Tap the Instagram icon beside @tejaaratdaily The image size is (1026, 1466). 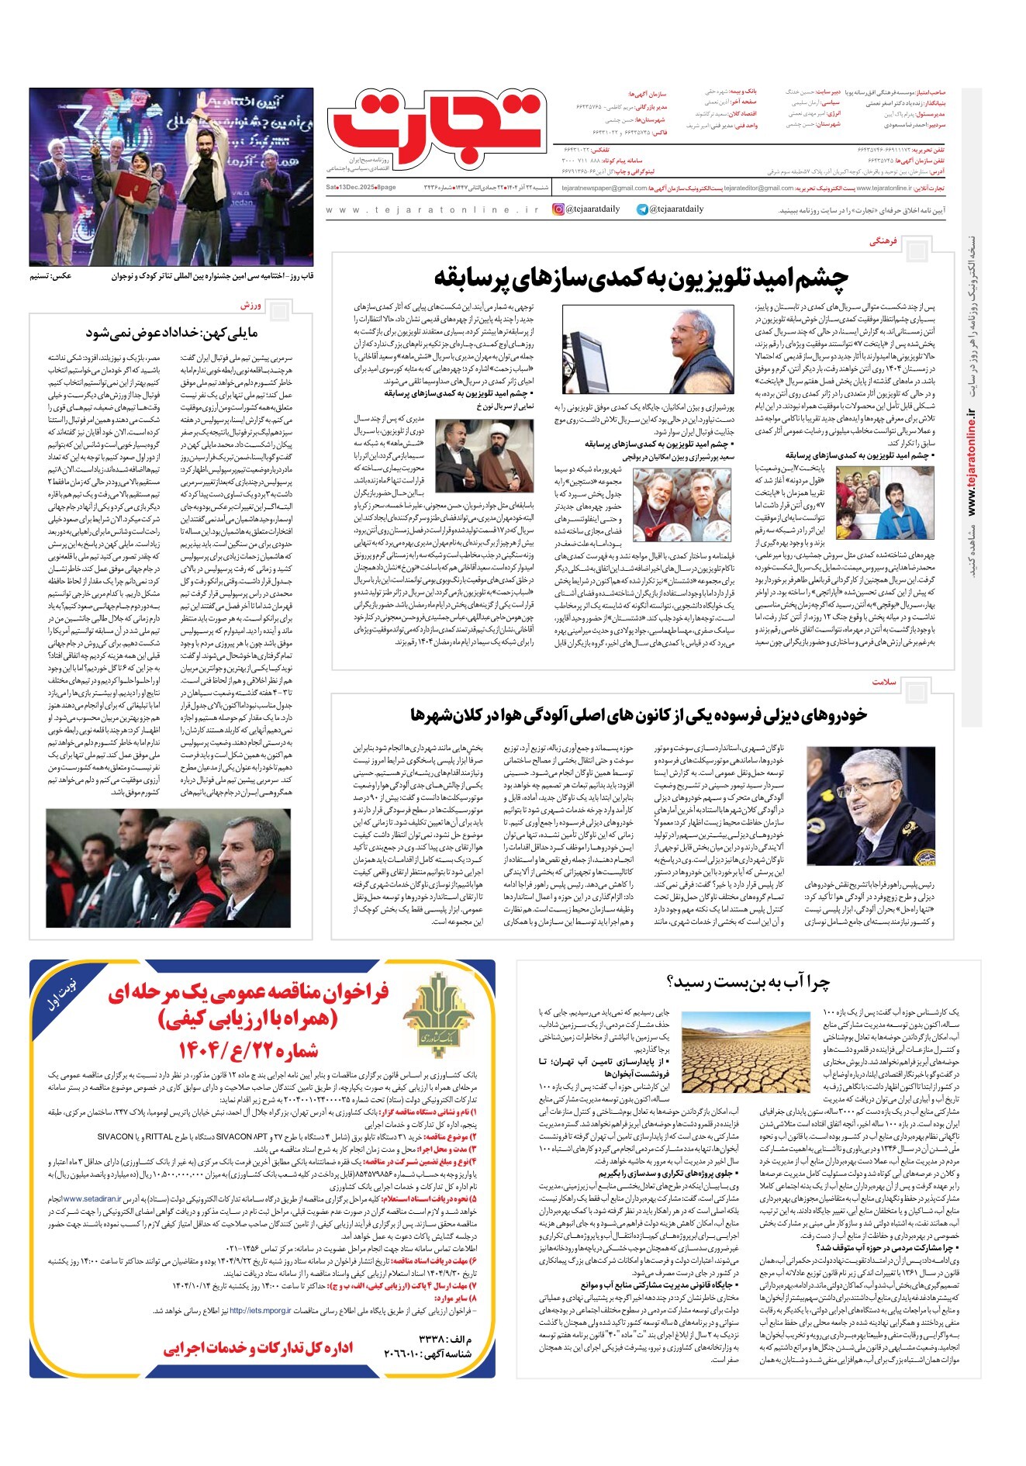pos(558,209)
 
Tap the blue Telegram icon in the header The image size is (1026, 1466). pos(642,209)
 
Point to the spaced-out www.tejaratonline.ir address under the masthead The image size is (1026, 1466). pos(431,210)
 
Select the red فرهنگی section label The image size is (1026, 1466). pos(883,242)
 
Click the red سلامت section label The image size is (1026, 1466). pos(884,682)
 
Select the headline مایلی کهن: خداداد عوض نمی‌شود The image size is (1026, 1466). pos(171,334)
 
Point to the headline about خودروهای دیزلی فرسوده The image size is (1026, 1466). pos(638,714)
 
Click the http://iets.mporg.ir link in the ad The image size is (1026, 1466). pos(260,1311)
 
